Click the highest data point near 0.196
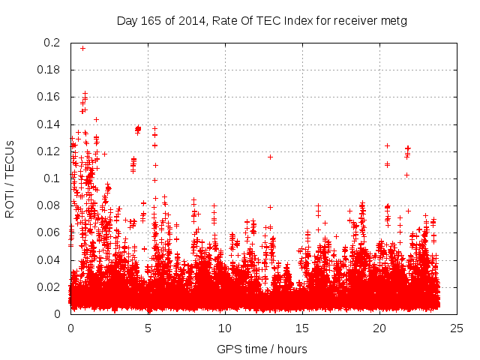point(82,48)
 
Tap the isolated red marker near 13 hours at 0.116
point(270,157)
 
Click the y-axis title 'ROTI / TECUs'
point(10,178)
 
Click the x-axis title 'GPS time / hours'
point(262,349)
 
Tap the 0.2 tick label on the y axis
point(52,43)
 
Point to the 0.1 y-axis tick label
point(52,178)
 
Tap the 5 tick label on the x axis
point(148,328)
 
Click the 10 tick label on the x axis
point(225,328)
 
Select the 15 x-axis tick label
point(302,328)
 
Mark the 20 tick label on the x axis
point(379,328)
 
